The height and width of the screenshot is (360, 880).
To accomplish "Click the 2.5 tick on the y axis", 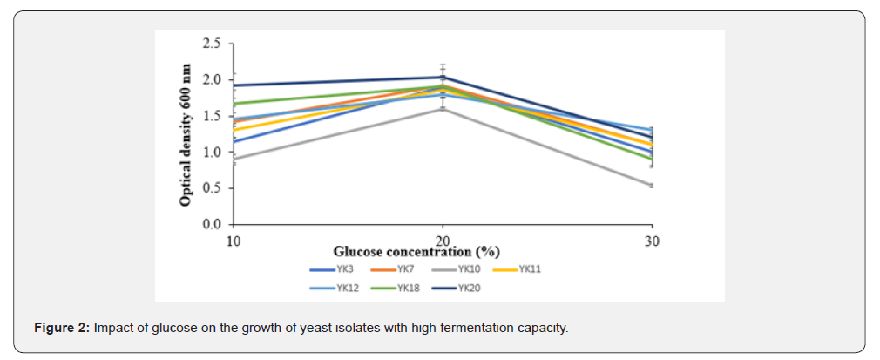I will (x=211, y=43).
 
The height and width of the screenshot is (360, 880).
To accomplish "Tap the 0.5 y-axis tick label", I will (x=211, y=188).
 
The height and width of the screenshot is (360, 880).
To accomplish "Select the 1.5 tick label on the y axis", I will (x=211, y=116).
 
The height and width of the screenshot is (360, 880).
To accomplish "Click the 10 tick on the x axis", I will (x=233, y=240).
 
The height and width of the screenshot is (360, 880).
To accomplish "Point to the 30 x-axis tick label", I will (x=652, y=240).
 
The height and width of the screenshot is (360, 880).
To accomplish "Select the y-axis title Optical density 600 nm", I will (x=186, y=134).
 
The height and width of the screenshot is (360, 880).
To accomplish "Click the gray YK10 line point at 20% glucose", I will (x=443, y=109).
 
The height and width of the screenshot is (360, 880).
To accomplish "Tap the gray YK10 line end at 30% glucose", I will (x=651, y=186).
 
